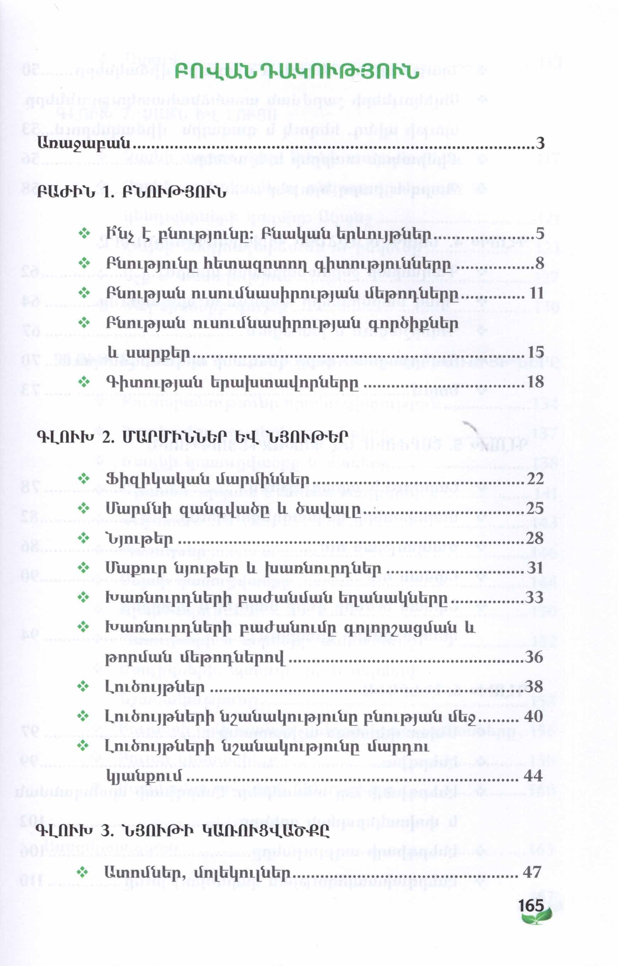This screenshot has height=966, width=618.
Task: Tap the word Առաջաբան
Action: tap(84, 143)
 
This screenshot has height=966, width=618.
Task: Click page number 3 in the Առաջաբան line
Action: tap(540, 143)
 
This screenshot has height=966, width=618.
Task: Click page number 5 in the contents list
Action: tap(540, 234)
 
